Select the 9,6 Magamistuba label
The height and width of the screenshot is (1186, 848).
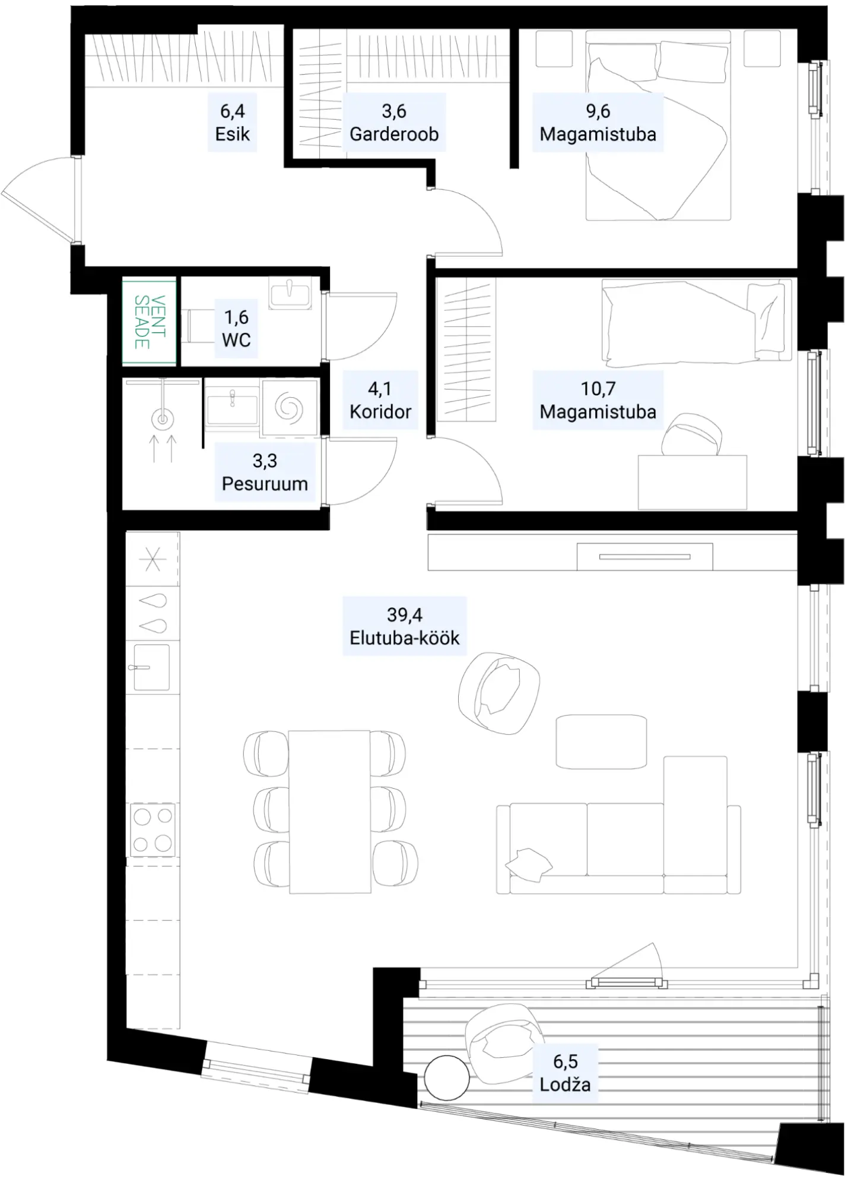[598, 123]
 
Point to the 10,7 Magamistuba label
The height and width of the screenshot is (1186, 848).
[598, 400]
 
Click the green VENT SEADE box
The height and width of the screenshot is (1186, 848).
[150, 321]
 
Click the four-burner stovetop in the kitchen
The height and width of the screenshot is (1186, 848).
[153, 830]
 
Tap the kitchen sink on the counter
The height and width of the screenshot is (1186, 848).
[151, 667]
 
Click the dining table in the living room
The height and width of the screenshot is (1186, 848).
[329, 812]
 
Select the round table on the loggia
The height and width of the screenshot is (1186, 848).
[447, 1077]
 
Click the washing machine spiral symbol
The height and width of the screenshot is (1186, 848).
[289, 408]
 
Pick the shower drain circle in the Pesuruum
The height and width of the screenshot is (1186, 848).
[162, 420]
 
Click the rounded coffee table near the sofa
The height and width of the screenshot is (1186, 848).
[601, 742]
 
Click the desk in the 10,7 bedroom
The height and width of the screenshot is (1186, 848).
[693, 482]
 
